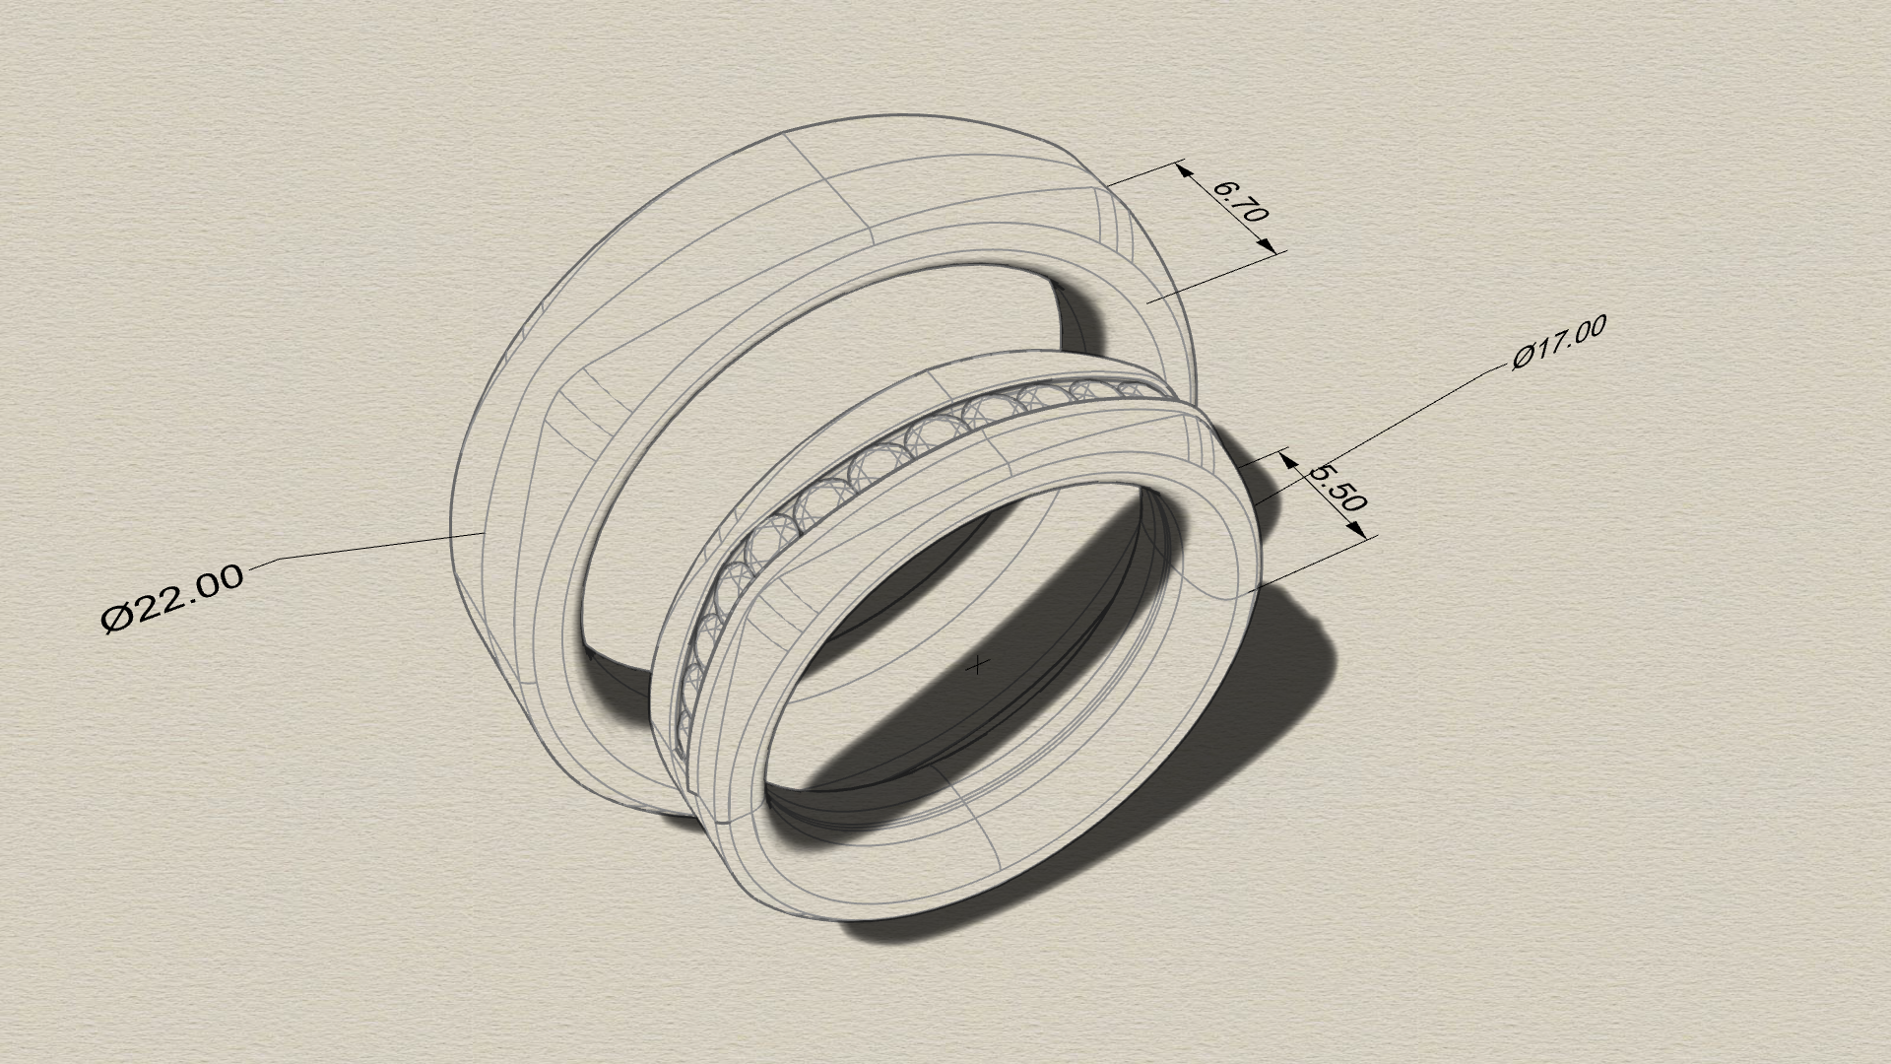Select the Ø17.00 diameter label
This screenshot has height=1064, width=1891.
1559,342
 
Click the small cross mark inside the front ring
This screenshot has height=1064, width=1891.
976,666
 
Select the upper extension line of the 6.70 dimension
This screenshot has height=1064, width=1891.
1142,173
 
